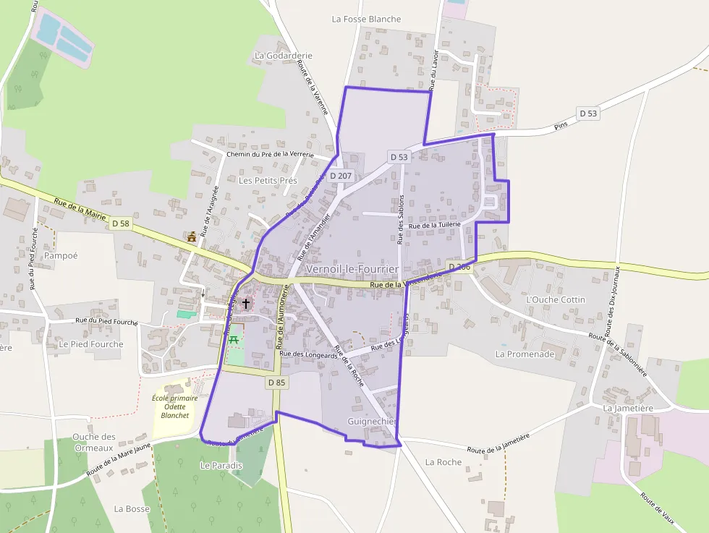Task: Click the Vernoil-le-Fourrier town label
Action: coord(352,269)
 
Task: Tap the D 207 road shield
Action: coord(341,176)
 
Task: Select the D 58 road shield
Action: coord(121,224)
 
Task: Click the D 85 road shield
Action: coord(276,382)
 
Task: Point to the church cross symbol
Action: coord(246,303)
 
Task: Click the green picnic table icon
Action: coord(234,338)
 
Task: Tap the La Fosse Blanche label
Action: coord(366,19)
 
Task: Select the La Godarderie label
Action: coord(284,56)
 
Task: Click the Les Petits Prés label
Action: coord(268,180)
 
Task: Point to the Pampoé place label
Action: coord(61,255)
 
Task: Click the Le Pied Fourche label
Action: coord(91,344)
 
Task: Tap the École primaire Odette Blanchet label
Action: coord(175,406)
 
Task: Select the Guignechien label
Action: coord(373,421)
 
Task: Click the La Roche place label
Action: coord(443,462)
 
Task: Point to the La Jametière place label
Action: coord(628,408)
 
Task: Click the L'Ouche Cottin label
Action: coord(556,299)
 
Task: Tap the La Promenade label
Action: coord(525,354)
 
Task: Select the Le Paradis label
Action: coord(221,466)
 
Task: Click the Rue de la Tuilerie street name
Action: coord(435,226)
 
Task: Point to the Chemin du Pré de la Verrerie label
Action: coord(270,154)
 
